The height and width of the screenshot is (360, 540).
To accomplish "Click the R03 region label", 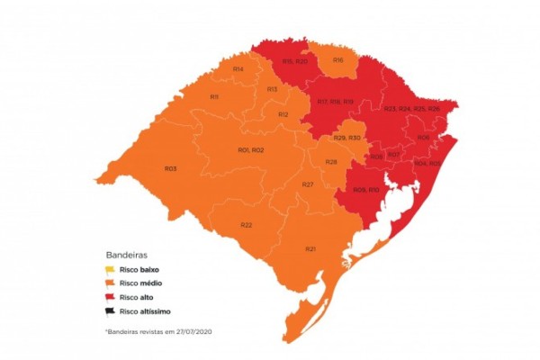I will [x=170, y=169].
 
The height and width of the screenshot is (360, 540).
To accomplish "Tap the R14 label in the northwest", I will [x=238, y=69].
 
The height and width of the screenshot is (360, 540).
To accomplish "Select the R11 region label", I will [x=215, y=97].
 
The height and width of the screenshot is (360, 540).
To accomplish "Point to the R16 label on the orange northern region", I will [x=337, y=60].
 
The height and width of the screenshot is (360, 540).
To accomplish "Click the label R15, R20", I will [x=294, y=61].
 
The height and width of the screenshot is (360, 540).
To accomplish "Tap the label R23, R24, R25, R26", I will [x=412, y=109].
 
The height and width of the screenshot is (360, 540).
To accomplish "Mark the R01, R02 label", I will [x=250, y=149].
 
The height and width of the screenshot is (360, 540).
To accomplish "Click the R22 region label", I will [x=246, y=224].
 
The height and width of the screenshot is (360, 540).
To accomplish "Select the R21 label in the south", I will [x=310, y=248].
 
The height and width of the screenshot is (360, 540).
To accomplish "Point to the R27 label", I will [x=308, y=184].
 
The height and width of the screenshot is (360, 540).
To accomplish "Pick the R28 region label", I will [x=331, y=162].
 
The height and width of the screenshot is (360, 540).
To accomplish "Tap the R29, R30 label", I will [x=346, y=138].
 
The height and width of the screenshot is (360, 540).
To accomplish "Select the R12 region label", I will [x=283, y=115].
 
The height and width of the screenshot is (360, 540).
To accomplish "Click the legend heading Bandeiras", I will [x=126, y=255].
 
